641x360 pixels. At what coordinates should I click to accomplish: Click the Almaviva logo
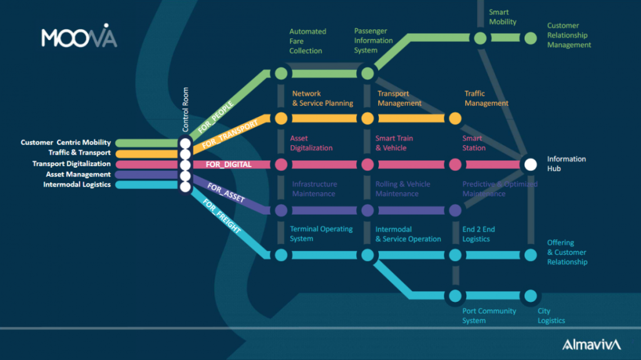pos(591,344)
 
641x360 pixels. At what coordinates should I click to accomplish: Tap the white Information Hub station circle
pos(530,164)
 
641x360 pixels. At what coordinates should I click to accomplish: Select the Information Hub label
pos(567,164)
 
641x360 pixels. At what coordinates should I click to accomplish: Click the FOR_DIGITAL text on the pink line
pos(229,165)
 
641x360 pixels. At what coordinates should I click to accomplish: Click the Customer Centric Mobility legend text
pos(66,143)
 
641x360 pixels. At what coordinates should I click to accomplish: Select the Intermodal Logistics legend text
pos(77,185)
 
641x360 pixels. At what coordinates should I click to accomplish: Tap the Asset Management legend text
pos(78,175)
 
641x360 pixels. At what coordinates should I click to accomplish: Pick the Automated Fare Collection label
pos(307,41)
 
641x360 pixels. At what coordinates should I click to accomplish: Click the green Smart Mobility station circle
pos(480,38)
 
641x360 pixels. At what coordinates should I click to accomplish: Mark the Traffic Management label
pos(486,98)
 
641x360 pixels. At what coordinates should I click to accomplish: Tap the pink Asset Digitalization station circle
pos(281,164)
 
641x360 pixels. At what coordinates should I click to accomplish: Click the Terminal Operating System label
pos(321,234)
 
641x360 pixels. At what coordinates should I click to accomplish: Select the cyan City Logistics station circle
pos(530,296)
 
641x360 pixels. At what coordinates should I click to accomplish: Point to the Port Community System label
pos(489,316)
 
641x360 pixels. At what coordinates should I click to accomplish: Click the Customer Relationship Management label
pos(569,35)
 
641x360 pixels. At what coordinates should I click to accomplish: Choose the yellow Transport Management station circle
pos(367,118)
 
